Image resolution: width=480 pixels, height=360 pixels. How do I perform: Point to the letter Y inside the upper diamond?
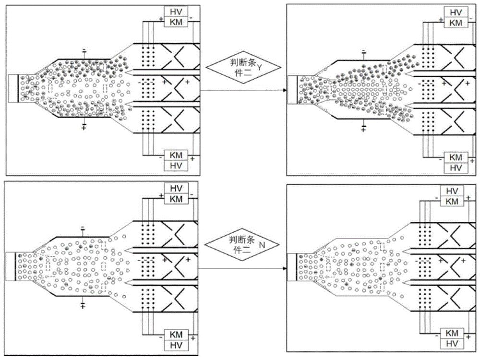tap(259, 69)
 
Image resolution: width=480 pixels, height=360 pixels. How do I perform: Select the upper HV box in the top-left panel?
tap(176, 12)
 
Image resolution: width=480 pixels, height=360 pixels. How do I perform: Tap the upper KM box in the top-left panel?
tap(176, 22)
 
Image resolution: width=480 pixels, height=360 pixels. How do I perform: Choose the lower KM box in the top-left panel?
tap(176, 155)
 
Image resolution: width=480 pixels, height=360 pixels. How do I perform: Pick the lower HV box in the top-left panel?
tap(176, 165)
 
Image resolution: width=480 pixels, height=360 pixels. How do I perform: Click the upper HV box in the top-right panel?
tap(453, 12)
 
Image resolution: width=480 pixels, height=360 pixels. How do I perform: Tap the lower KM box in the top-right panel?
tap(453, 157)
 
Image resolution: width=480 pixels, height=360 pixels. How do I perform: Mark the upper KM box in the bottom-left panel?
tap(176, 198)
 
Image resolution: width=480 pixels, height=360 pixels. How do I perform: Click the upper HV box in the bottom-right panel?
tap(453, 191)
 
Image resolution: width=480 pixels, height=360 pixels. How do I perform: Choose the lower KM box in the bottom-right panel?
tap(453, 334)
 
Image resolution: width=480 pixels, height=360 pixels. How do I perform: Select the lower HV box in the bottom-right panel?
tap(453, 344)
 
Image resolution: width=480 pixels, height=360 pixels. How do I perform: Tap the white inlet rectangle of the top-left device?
tap(13, 88)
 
